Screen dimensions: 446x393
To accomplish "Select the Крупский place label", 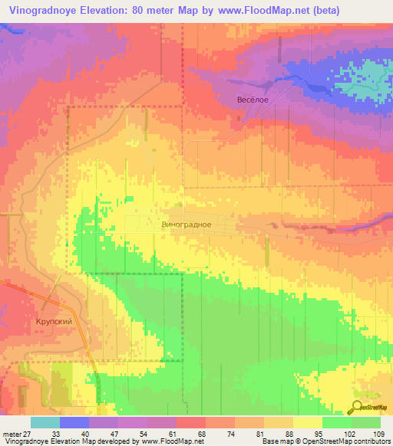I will (54, 322).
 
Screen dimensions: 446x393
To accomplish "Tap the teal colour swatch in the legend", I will (45, 422).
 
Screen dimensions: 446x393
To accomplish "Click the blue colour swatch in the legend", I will (74, 422).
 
